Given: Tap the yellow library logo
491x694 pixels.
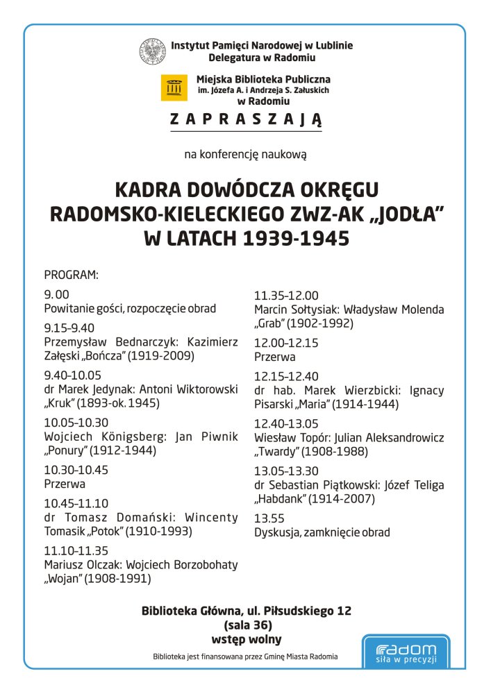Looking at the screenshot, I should tap(174, 87).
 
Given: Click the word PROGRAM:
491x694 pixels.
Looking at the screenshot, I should tap(72, 275).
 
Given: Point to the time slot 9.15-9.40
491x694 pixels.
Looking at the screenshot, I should tap(69, 328).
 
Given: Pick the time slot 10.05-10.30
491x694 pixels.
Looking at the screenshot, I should tap(76, 422).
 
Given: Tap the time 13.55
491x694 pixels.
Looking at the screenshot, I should tap(269, 518).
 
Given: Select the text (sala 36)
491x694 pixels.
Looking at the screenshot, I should tap(247, 625).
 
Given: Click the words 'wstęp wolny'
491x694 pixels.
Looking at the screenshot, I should tap(247, 639).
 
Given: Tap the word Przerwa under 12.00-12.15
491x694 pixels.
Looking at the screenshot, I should tap(275, 357).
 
